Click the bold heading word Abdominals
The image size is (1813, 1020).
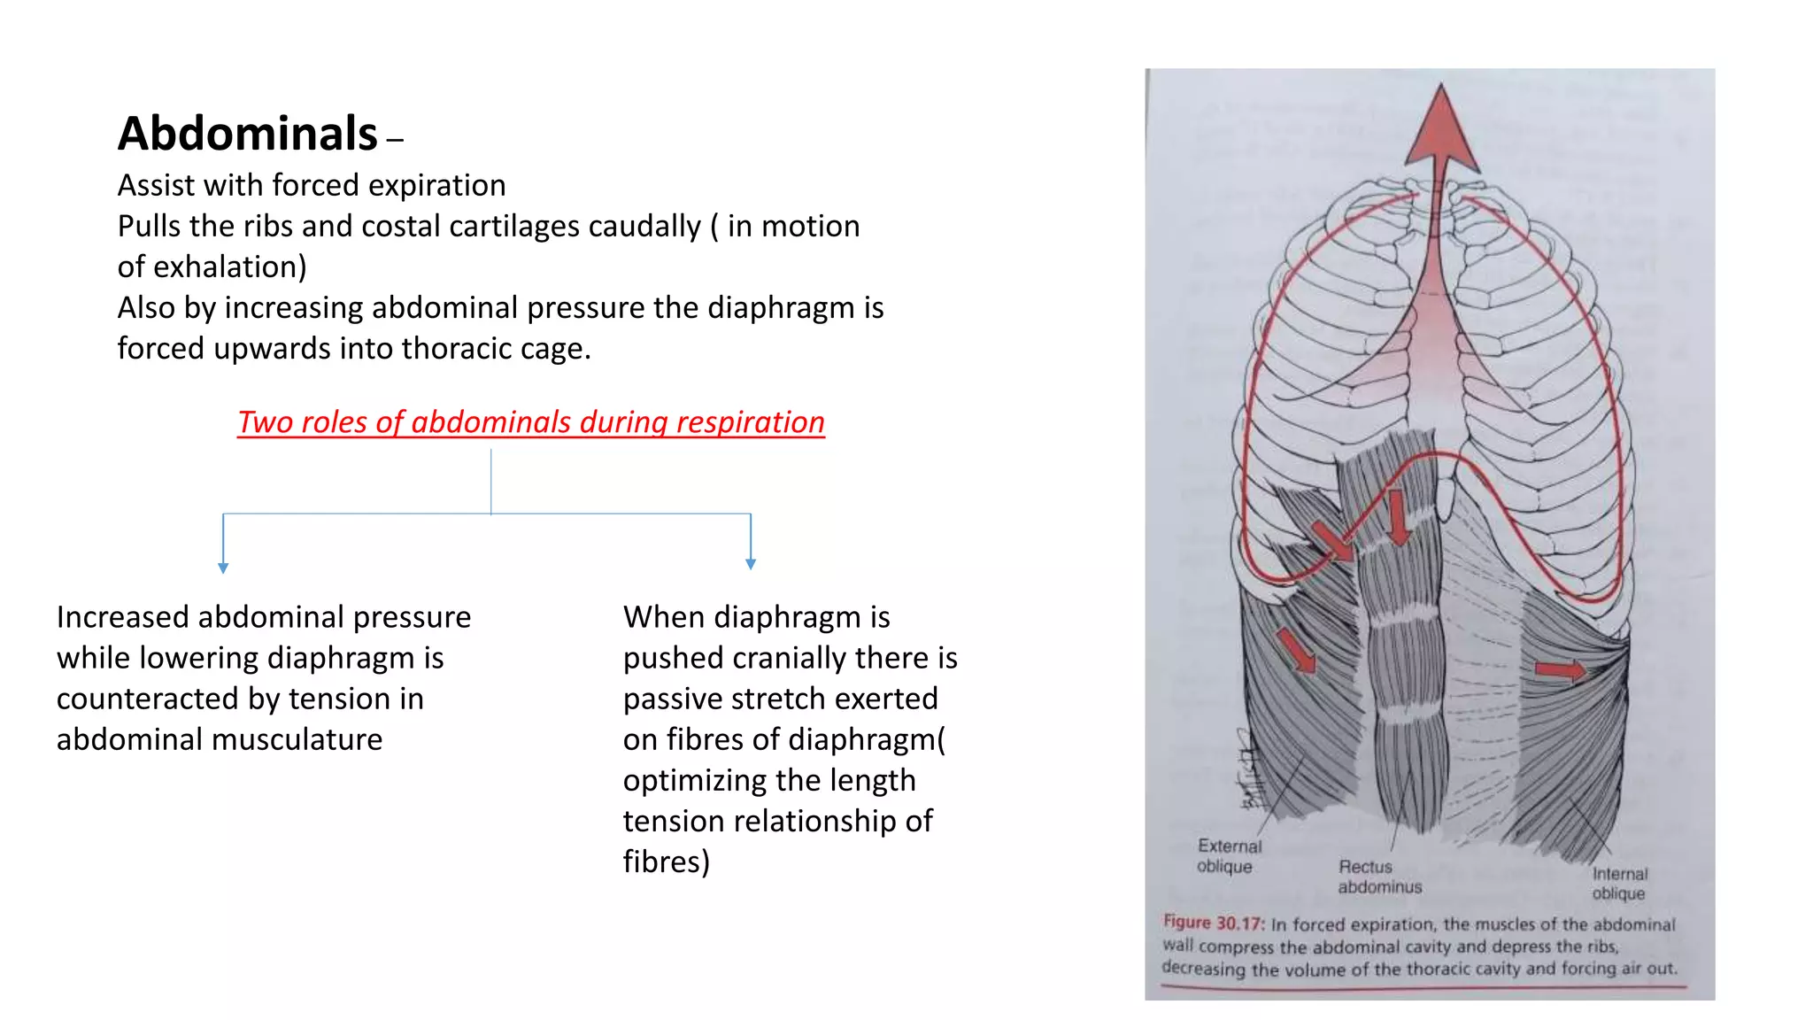(248, 135)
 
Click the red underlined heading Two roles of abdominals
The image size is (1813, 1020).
(530, 422)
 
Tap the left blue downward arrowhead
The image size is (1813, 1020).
(223, 568)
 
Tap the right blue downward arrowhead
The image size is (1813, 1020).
(751, 563)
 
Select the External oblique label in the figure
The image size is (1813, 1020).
(1228, 855)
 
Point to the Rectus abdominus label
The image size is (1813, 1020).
(1378, 877)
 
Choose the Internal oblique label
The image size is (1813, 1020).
(1619, 883)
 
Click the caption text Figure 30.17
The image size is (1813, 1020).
(1214, 923)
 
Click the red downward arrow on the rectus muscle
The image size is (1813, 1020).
(1398, 517)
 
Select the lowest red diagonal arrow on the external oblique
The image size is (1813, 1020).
(1297, 651)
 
